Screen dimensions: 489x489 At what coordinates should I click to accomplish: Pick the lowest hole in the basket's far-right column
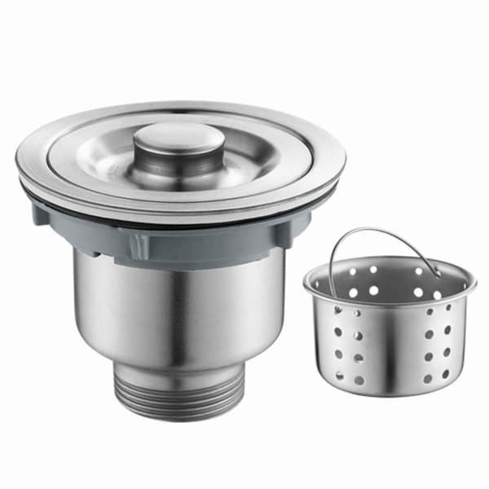446,373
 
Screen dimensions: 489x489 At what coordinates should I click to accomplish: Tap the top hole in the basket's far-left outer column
336,312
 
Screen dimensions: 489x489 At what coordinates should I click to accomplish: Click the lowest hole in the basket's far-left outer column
340,376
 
